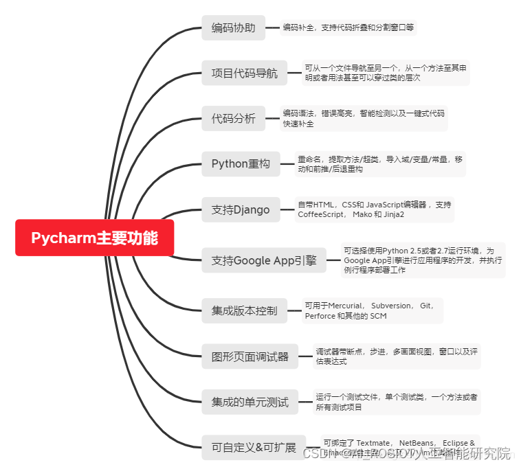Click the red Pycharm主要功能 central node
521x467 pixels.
[94, 238]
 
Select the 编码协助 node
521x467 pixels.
[233, 28]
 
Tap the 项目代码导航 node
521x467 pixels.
[244, 73]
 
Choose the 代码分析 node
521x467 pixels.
[233, 118]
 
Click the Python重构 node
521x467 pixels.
[241, 164]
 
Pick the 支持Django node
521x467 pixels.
[241, 209]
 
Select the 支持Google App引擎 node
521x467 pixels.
[264, 260]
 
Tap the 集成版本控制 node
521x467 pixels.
[244, 310]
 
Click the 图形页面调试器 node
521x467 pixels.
[250, 356]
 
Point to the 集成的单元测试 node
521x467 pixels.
[250, 402]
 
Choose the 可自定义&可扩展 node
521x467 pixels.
[253, 448]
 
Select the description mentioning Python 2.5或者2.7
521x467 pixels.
[422, 260]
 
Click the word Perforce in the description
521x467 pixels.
[320, 316]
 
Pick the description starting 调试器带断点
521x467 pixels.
[396, 356]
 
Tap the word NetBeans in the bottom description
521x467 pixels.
[417, 443]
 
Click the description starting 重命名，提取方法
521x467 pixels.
[379, 163]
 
